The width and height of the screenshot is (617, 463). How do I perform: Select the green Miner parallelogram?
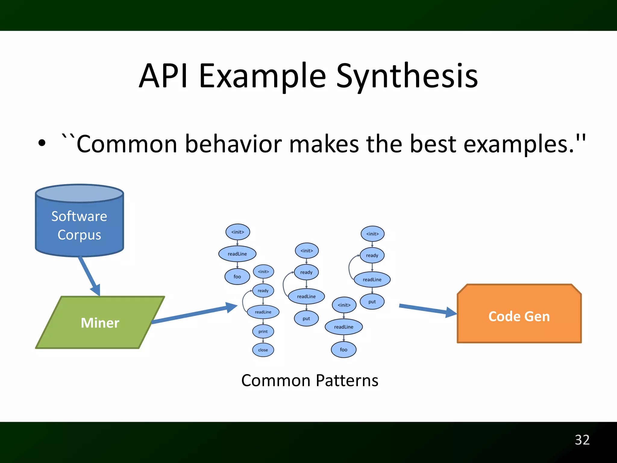click(100, 323)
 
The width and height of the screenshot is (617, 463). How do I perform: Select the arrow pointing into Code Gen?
click(428, 310)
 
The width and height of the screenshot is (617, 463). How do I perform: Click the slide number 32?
click(582, 440)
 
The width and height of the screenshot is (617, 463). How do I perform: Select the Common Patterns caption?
click(309, 380)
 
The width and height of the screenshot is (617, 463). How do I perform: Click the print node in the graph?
click(263, 331)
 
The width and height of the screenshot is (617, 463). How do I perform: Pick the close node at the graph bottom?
click(263, 350)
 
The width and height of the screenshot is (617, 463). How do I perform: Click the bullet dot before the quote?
click(42, 143)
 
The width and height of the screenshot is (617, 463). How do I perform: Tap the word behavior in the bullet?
click(233, 144)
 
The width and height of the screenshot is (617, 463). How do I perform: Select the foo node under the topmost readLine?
click(237, 276)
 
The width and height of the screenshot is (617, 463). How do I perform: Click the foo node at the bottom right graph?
click(343, 350)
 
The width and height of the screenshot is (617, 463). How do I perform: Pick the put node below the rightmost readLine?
click(372, 302)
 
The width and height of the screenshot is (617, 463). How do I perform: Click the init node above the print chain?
click(263, 272)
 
